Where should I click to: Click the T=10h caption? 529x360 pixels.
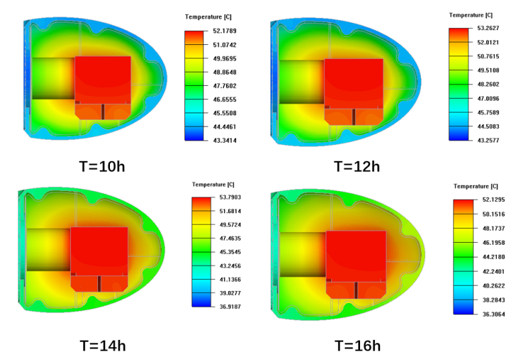pyautogui.click(x=101, y=166)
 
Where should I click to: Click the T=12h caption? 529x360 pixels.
pyautogui.click(x=357, y=166)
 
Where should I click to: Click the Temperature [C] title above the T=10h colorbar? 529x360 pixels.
pyautogui.click(x=208, y=17)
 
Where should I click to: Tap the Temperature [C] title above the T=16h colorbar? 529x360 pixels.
pyautogui.click(x=475, y=186)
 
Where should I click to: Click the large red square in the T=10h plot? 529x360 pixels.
pyautogui.click(x=103, y=78)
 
